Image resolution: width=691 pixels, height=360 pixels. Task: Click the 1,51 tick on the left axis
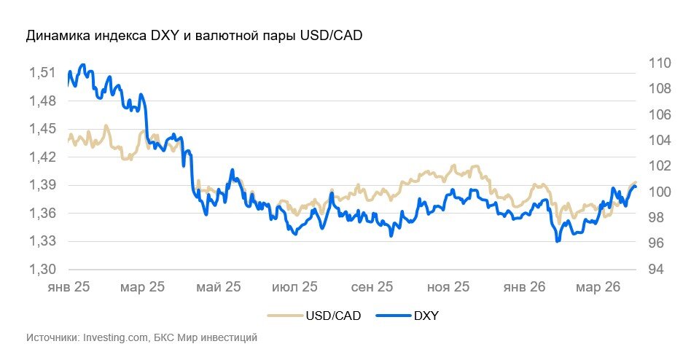point(42,73)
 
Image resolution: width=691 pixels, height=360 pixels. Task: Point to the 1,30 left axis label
point(42,269)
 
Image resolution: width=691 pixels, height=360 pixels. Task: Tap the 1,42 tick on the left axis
point(42,157)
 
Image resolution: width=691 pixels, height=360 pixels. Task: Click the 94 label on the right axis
point(655,270)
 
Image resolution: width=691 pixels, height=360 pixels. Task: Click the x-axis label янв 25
point(68,288)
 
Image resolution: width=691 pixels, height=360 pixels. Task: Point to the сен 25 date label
point(372,288)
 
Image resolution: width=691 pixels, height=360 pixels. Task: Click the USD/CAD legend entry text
point(332,316)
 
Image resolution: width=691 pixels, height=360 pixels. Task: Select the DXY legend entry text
point(426,316)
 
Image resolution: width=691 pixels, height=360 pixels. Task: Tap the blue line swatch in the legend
point(393,316)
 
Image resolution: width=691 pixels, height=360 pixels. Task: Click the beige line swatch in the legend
point(284,316)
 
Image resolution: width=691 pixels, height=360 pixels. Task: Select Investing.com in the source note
point(117,338)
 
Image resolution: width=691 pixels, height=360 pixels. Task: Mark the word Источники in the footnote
point(52,338)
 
